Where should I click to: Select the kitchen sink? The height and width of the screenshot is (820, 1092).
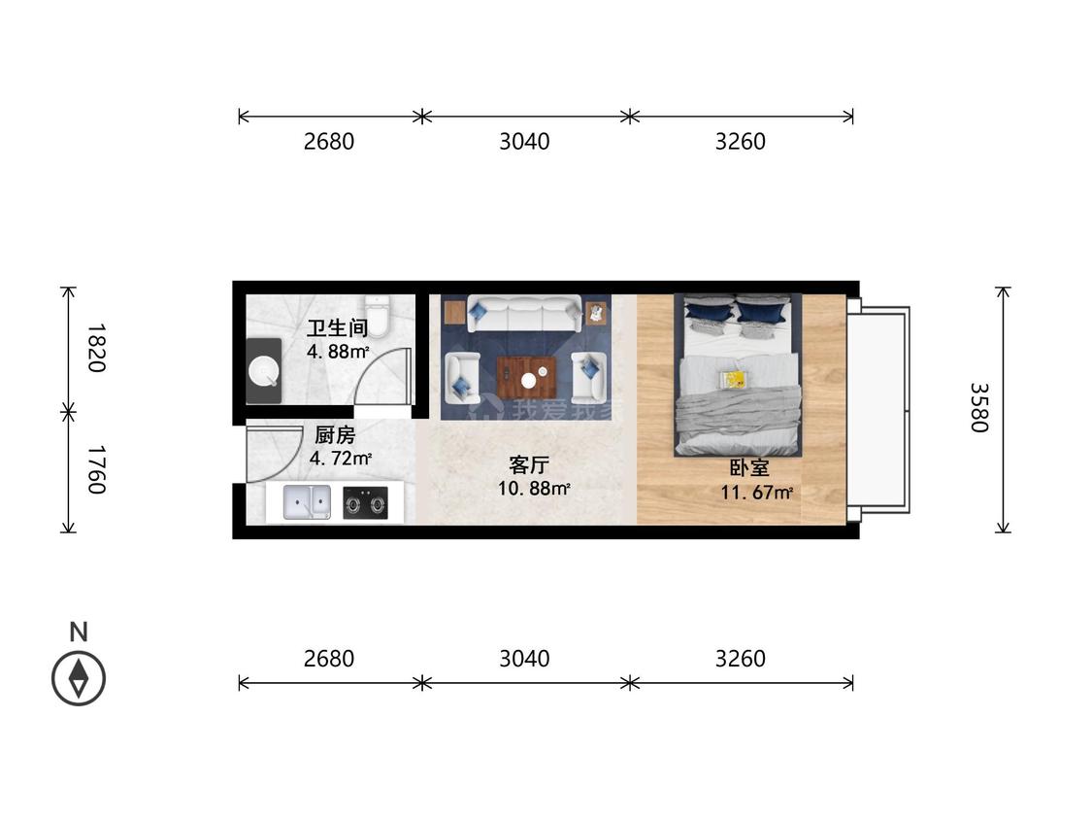click(307, 502)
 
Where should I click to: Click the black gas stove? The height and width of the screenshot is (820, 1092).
click(366, 503)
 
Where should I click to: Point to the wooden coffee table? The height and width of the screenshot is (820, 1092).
click(526, 377)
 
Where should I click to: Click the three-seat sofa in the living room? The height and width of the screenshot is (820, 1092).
click(524, 313)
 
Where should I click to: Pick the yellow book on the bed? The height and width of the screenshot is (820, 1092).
click(734, 379)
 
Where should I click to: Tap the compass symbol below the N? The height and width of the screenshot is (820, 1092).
click(79, 678)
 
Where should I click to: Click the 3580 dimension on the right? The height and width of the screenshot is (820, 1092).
click(979, 408)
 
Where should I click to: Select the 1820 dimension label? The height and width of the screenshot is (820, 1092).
click(96, 347)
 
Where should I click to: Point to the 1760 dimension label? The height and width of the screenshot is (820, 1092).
click(96, 470)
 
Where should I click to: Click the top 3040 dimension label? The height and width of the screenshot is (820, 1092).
click(524, 142)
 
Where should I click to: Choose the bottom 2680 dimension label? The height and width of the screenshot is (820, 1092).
click(329, 658)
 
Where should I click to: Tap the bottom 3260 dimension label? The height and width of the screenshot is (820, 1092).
click(741, 658)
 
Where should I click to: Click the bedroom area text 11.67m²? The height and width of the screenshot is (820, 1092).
click(756, 493)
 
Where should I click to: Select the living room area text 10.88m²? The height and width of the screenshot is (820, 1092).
click(534, 488)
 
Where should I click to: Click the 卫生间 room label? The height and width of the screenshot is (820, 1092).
click(337, 327)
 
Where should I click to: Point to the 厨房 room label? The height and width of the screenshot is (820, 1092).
click(335, 435)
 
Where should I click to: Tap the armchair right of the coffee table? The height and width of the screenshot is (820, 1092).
click(589, 377)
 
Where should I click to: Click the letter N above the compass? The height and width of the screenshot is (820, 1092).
click(79, 632)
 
